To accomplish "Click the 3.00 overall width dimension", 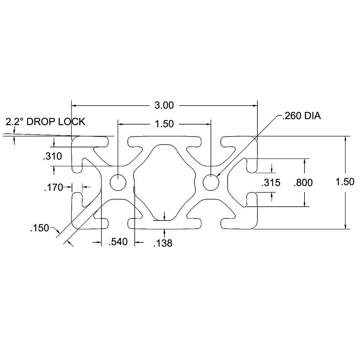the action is tap(164, 105).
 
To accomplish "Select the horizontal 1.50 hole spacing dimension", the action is tap(164, 124).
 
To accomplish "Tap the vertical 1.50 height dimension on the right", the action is tap(345, 182).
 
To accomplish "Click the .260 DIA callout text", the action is tap(301, 116).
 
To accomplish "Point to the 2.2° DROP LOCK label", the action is tap(45, 121).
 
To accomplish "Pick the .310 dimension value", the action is tap(52, 156).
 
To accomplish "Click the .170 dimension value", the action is tap(54, 187).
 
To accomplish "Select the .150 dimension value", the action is tap(39, 228).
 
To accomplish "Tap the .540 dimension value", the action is tap(118, 242).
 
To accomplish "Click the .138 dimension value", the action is tap(163, 243).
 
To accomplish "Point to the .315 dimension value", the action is tap(271, 183).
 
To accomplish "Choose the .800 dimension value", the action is tap(303, 183).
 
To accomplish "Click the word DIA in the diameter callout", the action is tap(313, 116).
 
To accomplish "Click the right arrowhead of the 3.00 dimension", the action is tap(255, 106).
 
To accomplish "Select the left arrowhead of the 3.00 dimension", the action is tap(74, 106).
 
